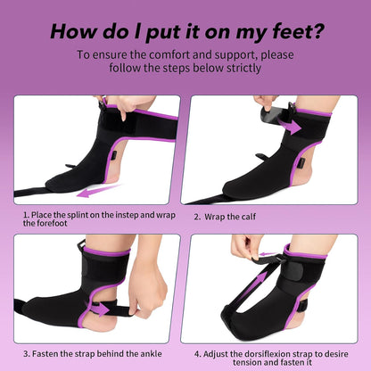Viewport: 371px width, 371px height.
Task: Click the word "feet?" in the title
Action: [x=297, y=31]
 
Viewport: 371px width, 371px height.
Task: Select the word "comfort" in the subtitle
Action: [x=169, y=55]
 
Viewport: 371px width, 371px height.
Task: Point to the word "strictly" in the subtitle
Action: [x=243, y=68]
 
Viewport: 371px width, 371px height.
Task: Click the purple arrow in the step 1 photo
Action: [x=98, y=191]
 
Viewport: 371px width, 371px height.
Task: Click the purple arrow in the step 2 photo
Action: [x=289, y=126]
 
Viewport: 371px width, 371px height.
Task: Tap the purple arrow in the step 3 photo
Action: [x=97, y=309]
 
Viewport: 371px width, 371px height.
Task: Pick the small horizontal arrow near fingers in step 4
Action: [x=268, y=254]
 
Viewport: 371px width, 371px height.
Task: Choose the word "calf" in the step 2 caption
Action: [x=249, y=217]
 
